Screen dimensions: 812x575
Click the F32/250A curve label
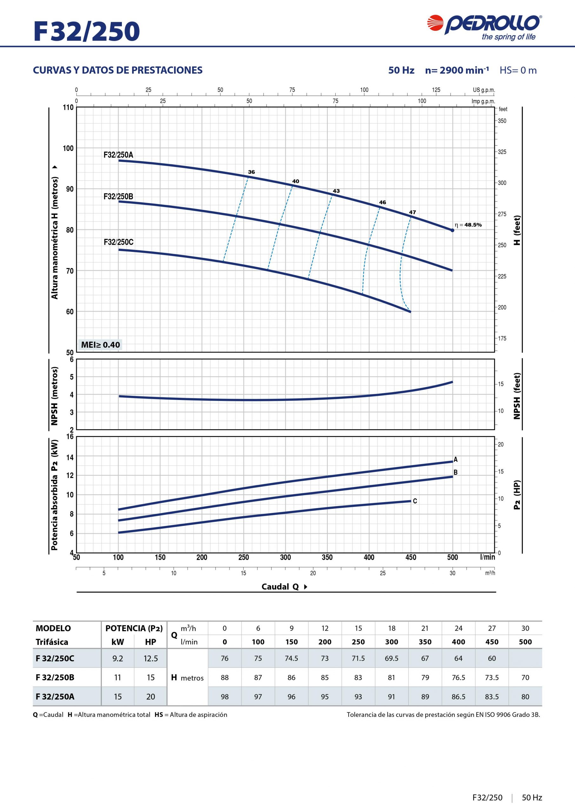pos(118,154)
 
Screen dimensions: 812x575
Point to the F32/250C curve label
pos(118,242)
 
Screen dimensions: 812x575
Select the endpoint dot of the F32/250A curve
pos(452,230)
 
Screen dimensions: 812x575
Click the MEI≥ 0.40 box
pos(100,344)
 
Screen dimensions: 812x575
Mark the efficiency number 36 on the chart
pos(251,172)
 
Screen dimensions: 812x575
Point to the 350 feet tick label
pos(502,121)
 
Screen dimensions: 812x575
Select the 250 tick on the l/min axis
pos(244,558)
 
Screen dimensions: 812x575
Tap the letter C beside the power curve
pos(415,501)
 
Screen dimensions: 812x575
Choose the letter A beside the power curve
pos(456,460)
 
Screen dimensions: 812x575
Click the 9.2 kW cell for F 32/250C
pos(117,658)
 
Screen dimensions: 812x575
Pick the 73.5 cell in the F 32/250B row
pos(492,677)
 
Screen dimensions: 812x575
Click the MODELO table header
pos(53,628)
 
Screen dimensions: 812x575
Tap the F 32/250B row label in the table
pos(55,677)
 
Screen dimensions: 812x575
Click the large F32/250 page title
pos(87,31)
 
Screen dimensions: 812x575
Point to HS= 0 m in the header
pos(518,70)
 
